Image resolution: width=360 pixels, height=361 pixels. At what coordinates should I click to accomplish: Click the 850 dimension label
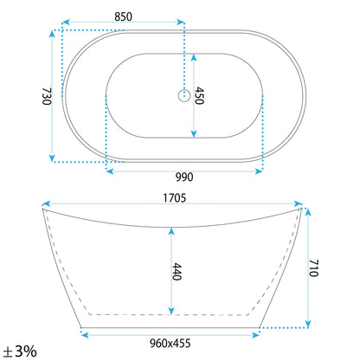tap(123, 16)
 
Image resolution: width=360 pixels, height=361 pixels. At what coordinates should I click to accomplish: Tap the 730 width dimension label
tap(47, 96)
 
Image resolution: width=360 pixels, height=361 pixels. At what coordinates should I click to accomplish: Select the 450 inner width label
tap(199, 95)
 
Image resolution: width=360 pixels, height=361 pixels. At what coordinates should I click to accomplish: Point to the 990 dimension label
tap(184, 177)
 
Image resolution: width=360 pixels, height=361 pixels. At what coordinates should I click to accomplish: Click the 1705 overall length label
tap(175, 198)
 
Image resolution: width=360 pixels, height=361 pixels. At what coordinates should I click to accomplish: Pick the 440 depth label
tap(177, 272)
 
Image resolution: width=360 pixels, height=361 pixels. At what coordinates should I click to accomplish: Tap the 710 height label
tap(313, 268)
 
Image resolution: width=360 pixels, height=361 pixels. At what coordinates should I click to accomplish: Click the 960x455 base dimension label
tap(170, 344)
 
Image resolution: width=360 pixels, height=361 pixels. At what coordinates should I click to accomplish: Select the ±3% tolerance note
tap(20, 351)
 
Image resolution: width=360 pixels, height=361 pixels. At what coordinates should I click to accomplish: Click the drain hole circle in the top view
tap(184, 95)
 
